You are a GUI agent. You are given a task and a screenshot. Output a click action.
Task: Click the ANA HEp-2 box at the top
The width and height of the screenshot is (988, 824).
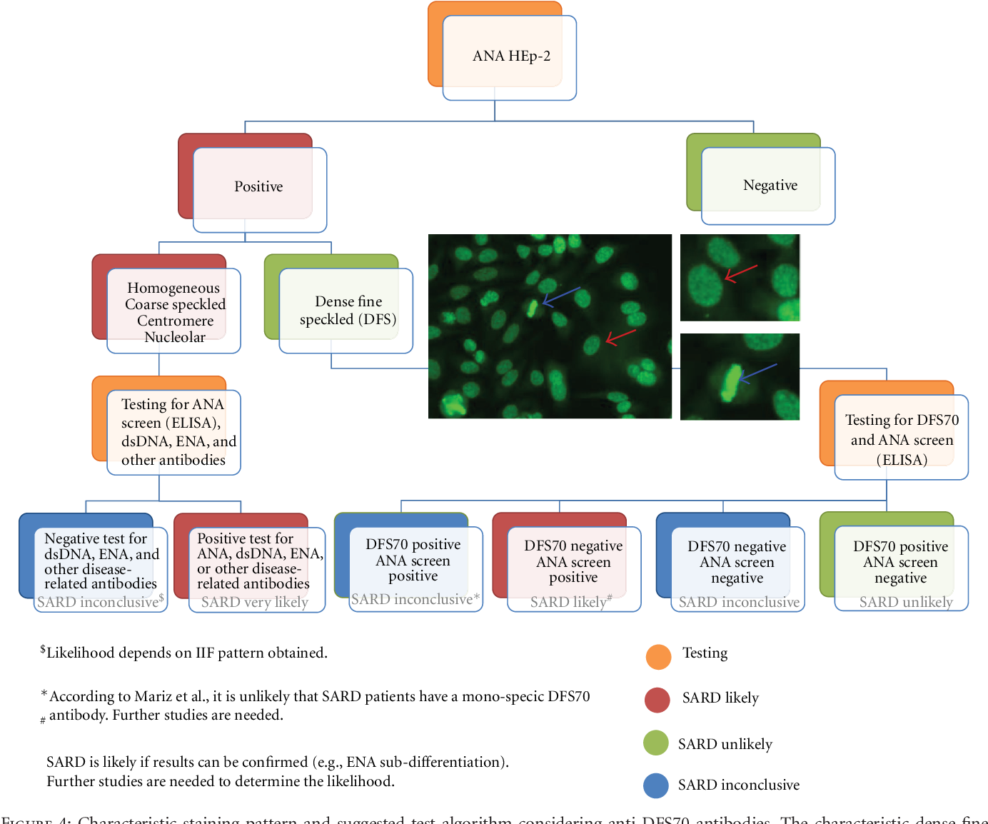tap(510, 56)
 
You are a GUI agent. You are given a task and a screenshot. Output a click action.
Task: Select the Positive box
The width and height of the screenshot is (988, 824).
tap(258, 187)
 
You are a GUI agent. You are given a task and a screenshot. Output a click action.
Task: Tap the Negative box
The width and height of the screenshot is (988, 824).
tap(770, 186)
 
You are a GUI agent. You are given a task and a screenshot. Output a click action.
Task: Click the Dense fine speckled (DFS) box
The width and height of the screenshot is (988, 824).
tap(347, 311)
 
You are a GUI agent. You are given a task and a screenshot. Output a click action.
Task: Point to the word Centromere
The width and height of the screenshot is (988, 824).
tap(175, 321)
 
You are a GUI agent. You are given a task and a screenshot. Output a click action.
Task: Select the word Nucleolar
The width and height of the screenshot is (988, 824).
tap(175, 337)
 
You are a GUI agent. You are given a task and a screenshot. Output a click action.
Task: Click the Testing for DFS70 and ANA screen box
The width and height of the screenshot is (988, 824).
tap(901, 439)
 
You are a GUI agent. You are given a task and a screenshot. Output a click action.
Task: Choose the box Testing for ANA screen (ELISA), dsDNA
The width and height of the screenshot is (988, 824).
tap(173, 432)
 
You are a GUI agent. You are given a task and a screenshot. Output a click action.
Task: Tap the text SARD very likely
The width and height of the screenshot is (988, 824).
tap(255, 602)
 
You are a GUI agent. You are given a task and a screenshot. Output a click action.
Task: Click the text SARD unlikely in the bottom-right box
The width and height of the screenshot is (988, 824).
tap(906, 602)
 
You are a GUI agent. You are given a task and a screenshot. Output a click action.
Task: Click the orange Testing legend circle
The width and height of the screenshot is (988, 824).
tap(658, 656)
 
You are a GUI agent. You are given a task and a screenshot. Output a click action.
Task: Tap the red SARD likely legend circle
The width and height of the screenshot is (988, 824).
tap(657, 700)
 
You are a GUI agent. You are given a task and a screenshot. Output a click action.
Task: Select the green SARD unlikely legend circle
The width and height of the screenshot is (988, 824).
tap(656, 743)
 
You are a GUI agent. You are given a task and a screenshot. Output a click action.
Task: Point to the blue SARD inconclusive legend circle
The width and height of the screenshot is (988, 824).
tap(656, 785)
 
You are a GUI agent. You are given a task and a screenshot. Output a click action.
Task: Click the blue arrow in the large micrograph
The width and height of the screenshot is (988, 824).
tap(561, 296)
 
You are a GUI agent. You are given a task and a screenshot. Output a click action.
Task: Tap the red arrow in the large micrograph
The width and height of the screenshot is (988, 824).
tap(620, 336)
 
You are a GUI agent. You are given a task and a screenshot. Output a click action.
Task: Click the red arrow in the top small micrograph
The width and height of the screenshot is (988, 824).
tap(740, 273)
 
